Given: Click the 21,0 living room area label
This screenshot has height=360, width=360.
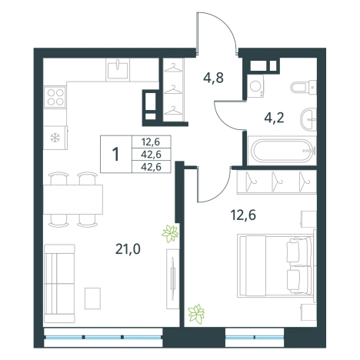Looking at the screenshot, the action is click(128, 248).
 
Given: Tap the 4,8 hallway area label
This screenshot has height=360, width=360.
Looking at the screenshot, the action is click(213, 78).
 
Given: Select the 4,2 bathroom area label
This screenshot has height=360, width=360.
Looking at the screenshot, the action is click(274, 118).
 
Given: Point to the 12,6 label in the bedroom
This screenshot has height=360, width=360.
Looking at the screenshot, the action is click(243, 215).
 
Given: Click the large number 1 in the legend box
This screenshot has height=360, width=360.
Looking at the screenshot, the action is click(116, 155).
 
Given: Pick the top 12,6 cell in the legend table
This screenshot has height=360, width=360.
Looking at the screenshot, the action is click(152, 142).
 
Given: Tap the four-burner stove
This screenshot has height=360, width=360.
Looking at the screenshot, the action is click(55, 97).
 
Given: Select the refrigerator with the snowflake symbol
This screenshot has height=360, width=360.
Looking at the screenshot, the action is click(55, 138).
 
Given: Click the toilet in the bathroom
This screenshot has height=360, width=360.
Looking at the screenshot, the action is click(304, 87).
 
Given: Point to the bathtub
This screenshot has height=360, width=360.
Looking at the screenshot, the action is click(282, 151).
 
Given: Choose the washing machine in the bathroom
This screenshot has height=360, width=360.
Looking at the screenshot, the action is click(256, 86).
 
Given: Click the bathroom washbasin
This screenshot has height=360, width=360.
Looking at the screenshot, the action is click(308, 119).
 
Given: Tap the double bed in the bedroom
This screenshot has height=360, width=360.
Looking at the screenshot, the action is click(276, 266).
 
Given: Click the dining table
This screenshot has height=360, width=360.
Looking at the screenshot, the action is click(73, 199).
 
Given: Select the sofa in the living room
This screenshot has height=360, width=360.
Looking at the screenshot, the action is click(59, 283).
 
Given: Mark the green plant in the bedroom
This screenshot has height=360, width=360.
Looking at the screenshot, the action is click(196, 314).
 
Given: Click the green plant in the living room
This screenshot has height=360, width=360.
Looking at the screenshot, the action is click(170, 233).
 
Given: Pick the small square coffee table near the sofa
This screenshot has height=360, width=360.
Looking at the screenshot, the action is click(92, 298).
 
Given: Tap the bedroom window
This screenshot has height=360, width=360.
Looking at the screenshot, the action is click(255, 337).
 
